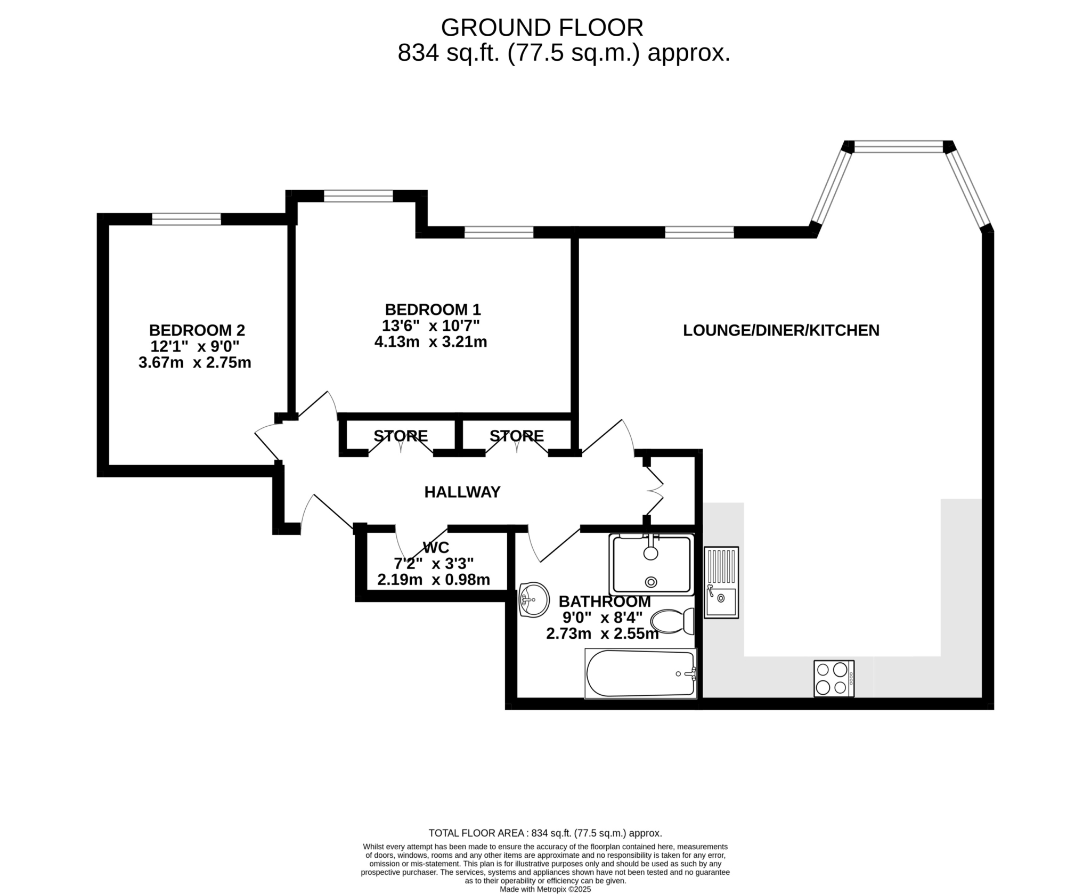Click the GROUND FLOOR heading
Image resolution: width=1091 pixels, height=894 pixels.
(542, 28)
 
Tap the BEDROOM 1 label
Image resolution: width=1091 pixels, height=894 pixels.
(433, 310)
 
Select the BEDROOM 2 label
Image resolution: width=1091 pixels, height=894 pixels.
(197, 330)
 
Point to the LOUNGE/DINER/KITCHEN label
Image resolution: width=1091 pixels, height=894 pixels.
(781, 330)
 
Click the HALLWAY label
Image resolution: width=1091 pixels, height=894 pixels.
(462, 492)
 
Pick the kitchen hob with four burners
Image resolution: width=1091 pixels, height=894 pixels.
(834, 678)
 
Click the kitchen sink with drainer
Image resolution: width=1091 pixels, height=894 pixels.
(721, 582)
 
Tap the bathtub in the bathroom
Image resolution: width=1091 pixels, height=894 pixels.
(641, 673)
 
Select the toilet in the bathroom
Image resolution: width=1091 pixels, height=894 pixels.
(673, 621)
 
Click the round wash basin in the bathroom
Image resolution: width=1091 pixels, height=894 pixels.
(534, 600)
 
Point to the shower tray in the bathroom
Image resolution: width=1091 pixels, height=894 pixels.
(652, 565)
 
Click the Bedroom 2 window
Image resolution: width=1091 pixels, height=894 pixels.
(186, 219)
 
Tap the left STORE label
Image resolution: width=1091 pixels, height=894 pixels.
(401, 436)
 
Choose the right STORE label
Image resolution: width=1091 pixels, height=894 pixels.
(517, 436)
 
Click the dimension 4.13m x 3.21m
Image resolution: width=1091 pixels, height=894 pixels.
(431, 342)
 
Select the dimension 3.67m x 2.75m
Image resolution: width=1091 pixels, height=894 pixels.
(195, 363)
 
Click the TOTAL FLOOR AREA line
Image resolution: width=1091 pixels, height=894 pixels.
(545, 833)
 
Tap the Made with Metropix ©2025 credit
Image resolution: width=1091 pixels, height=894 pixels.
(545, 889)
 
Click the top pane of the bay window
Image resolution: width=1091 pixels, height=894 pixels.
(899, 147)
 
